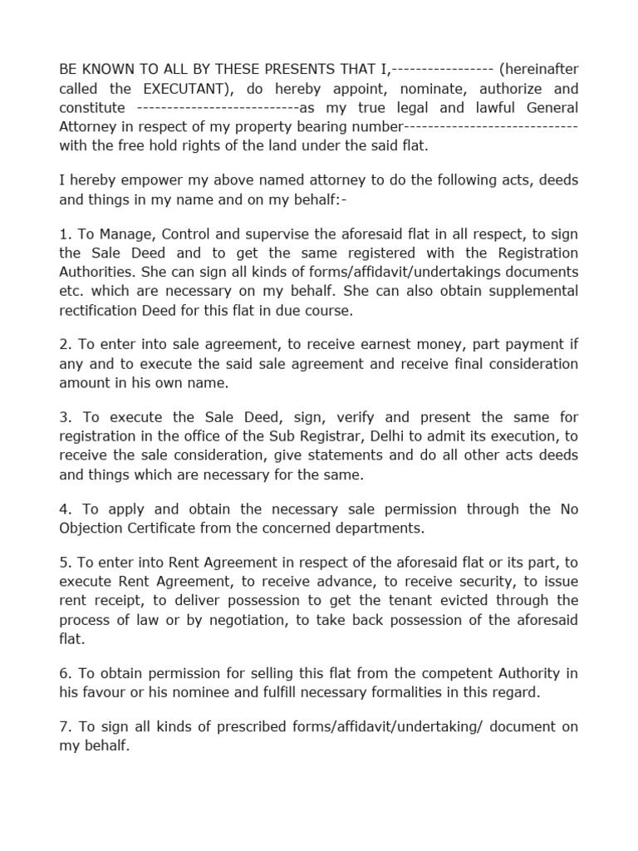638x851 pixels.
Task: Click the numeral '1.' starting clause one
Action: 64,234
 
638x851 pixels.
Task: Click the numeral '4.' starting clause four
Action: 65,509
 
